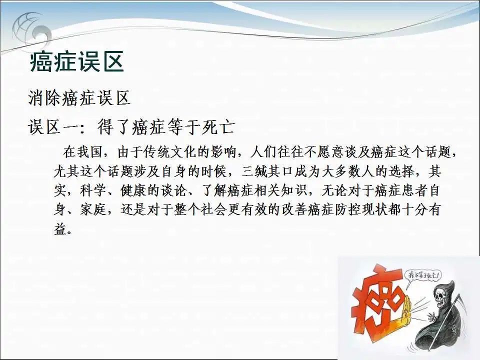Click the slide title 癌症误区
click(x=77, y=62)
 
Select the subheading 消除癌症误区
click(x=79, y=98)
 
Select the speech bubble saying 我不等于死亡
click(x=422, y=275)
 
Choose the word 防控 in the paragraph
click(x=348, y=210)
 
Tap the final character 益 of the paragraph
click(x=60, y=229)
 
